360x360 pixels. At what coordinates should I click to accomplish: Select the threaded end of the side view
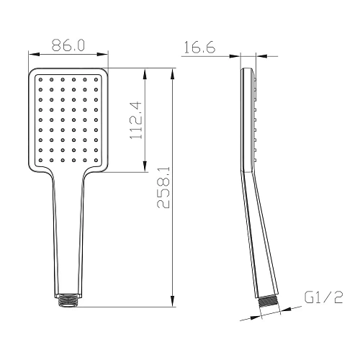pos(266,301)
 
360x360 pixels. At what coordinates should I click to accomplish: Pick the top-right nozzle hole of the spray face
pos(98,78)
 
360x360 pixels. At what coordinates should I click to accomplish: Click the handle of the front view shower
pos(68,230)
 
